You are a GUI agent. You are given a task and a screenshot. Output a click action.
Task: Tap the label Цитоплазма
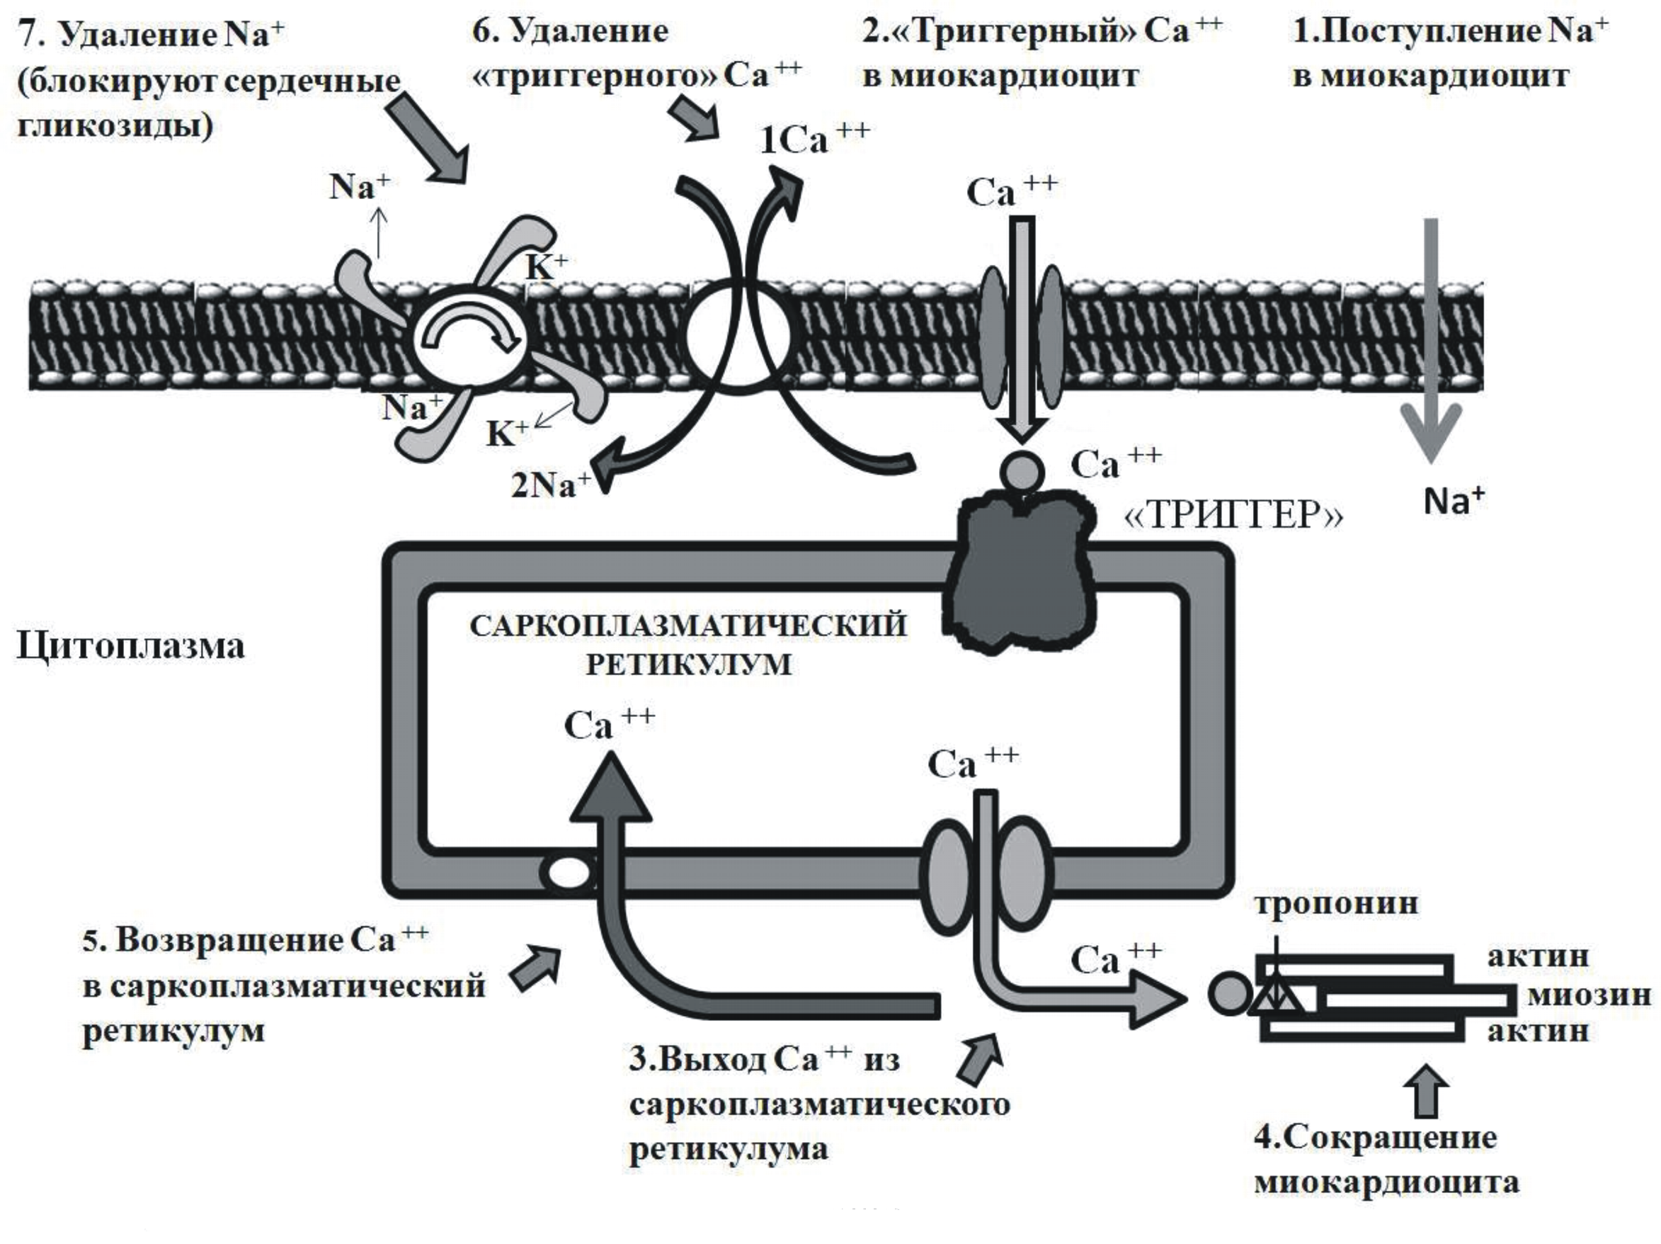[131, 647]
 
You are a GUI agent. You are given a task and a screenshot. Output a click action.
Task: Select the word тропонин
[1336, 903]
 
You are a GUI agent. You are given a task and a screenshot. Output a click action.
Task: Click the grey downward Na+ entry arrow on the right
[1431, 338]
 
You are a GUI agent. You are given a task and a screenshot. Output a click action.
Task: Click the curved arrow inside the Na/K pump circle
[469, 330]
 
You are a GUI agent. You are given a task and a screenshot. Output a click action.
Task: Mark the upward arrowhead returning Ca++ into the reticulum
[610, 788]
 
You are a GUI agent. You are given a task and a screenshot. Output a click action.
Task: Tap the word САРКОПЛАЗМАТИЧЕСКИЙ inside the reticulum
[687, 626]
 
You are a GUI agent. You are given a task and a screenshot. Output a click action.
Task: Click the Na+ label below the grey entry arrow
[1454, 500]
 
